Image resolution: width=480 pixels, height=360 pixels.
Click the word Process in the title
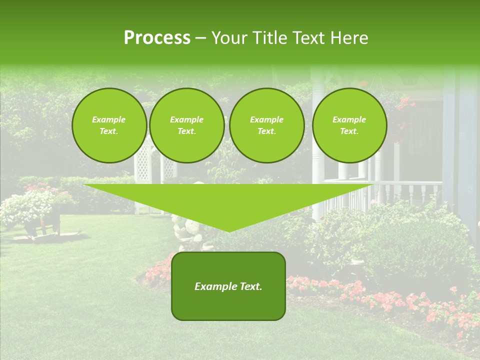[x=157, y=38]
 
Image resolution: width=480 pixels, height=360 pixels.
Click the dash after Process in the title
[x=200, y=38]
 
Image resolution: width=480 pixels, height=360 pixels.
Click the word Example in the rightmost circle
[x=349, y=119]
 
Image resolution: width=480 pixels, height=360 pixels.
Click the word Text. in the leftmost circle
[x=109, y=131]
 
